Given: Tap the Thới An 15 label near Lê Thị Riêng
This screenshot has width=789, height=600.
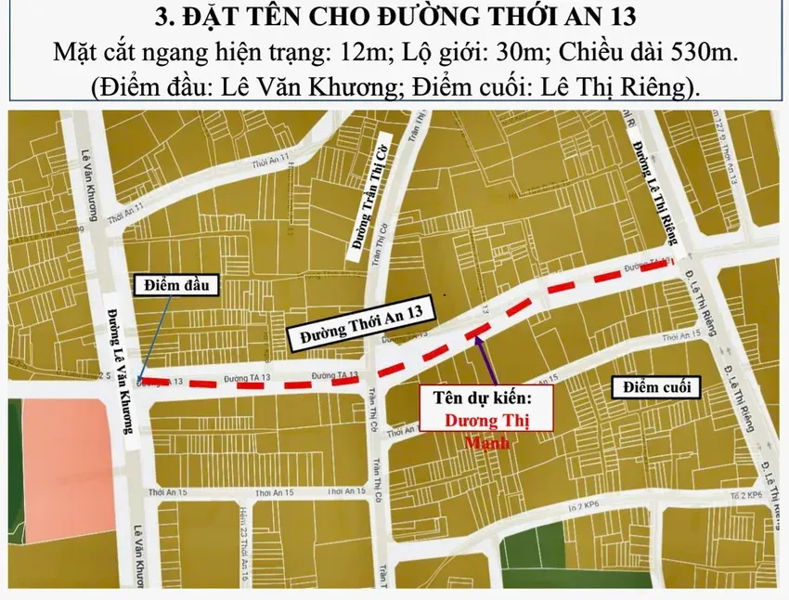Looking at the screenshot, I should tap(685, 333).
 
